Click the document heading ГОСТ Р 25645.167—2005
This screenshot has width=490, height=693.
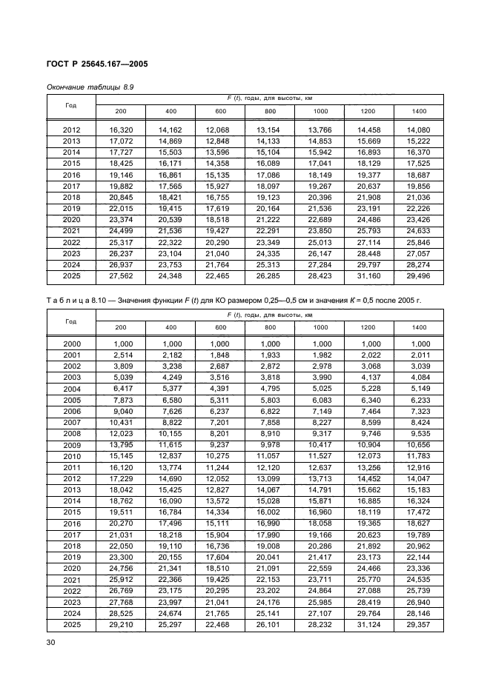pyautogui.click(x=97, y=64)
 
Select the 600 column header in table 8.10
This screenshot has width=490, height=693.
pyautogui.click(x=220, y=327)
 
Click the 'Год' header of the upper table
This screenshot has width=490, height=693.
pyautogui.click(x=71, y=105)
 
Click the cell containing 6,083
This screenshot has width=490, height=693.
pyautogui.click(x=320, y=398)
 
